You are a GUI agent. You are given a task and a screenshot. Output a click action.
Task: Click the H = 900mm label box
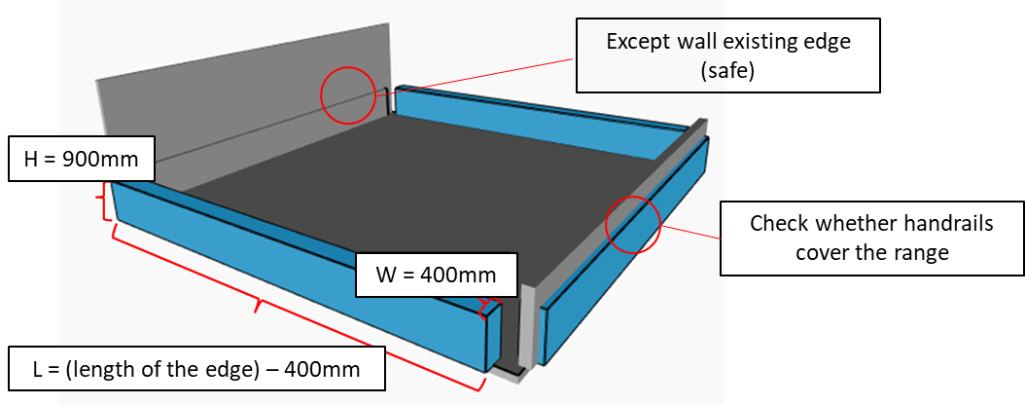coord(82,159)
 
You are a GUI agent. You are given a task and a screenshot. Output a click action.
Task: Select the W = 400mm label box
coord(436,275)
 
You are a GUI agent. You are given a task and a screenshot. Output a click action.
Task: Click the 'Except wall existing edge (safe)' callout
coord(726,55)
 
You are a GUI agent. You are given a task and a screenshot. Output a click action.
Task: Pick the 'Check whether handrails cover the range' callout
coord(871,239)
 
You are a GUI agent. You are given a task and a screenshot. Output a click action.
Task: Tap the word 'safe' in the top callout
coord(726,70)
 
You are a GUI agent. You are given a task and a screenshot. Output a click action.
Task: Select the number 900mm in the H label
coord(103,159)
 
